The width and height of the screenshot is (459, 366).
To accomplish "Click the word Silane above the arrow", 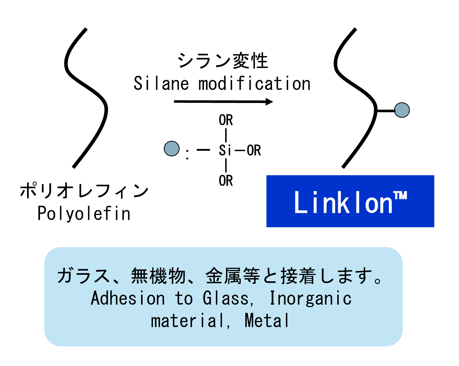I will point(161,84).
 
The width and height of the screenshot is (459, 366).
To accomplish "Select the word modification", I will point(254,84).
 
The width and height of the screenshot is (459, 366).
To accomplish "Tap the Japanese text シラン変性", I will point(223,61).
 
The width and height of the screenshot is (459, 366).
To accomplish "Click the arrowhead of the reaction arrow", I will point(269,102).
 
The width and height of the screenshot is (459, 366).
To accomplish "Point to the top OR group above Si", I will point(226,120).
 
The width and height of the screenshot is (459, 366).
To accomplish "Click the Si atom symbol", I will point(225,150).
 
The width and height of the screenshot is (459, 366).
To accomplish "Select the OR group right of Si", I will point(254,150).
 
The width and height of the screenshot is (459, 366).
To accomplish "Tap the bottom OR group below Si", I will point(226,181).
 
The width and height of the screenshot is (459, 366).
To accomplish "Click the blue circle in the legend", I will point(172,148).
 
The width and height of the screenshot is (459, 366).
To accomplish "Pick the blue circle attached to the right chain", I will point(402,110).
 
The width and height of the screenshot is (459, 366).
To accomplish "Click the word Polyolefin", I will point(84,213).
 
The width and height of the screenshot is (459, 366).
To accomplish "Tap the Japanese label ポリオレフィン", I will point(84,191).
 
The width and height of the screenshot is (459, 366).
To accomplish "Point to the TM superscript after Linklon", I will point(401,196).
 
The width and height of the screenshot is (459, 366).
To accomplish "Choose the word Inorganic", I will point(310,298).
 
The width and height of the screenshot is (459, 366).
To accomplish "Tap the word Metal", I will point(266,321).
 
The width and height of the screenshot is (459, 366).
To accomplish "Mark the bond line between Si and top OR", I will point(226,135).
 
